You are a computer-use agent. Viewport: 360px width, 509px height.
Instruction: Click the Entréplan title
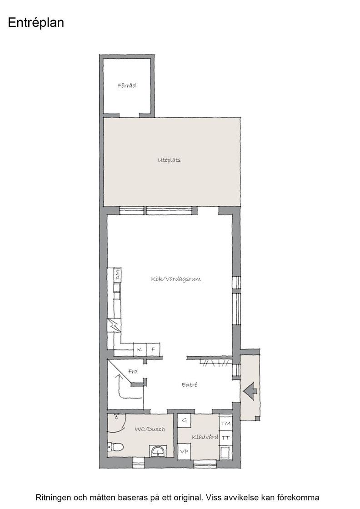[x=36, y=23]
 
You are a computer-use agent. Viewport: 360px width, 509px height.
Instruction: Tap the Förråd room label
[x=127, y=86]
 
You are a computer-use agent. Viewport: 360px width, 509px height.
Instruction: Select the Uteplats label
[x=169, y=160]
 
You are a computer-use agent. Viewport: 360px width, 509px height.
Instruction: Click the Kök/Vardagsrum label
[x=176, y=279]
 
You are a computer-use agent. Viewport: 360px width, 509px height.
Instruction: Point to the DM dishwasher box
[x=117, y=275]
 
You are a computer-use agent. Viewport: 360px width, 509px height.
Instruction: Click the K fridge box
[x=140, y=349]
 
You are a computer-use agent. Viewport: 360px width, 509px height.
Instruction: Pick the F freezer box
[x=153, y=349]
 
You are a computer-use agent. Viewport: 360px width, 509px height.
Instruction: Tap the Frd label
[x=133, y=371]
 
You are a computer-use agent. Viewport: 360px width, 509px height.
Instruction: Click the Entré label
[x=190, y=384]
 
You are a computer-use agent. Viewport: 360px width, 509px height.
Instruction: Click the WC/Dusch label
[x=150, y=429]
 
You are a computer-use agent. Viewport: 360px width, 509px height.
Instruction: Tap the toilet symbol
[x=116, y=447]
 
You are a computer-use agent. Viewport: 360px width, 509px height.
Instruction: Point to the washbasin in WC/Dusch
[x=159, y=451]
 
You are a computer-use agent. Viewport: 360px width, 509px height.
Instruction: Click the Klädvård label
[x=205, y=437]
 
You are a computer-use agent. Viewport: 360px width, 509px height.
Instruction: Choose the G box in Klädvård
[x=185, y=421]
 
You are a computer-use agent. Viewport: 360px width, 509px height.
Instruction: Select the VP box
[x=185, y=452]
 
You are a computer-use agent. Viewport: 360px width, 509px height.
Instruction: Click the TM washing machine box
[x=225, y=423]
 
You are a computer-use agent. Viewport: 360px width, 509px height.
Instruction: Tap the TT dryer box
[x=225, y=438]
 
